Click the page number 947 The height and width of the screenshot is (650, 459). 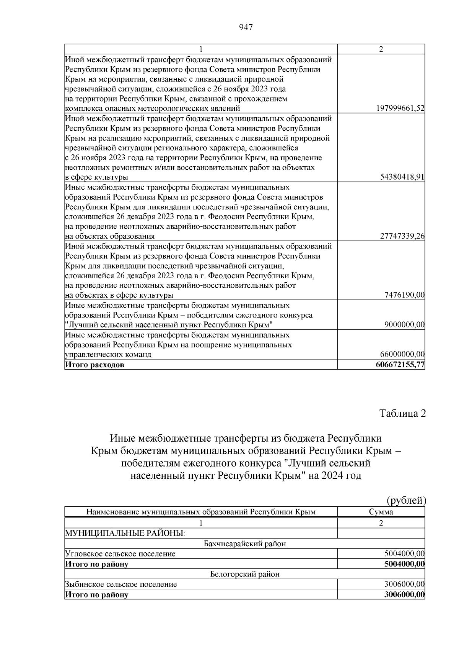pyautogui.click(x=246, y=27)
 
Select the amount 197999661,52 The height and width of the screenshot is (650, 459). pyautogui.click(x=400, y=108)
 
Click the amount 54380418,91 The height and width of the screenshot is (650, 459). pyautogui.click(x=402, y=177)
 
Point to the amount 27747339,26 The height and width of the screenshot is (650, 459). pyautogui.click(x=402, y=236)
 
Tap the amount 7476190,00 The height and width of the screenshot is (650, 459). pyautogui.click(x=404, y=295)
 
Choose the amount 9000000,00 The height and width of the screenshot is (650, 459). pyautogui.click(x=404, y=324)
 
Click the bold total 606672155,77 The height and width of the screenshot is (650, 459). pyautogui.click(x=400, y=365)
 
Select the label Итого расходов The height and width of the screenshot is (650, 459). pyautogui.click(x=94, y=365)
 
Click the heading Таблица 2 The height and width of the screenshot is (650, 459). pyautogui.click(x=402, y=414)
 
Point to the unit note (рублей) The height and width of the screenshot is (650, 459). pyautogui.click(x=406, y=500)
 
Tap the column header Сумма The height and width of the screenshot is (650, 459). pyautogui.click(x=381, y=512)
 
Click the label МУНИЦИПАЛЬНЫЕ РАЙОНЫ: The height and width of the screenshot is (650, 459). pyautogui.click(x=125, y=533)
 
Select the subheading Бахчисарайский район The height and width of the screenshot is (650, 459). pyautogui.click(x=245, y=544)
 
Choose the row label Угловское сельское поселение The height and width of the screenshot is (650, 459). pyautogui.click(x=120, y=553)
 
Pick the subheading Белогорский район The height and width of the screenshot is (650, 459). pyautogui.click(x=245, y=574)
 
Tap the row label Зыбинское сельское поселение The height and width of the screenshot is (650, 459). pyautogui.click(x=121, y=585)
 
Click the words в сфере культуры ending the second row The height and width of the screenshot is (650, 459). pyautogui.click(x=96, y=177)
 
